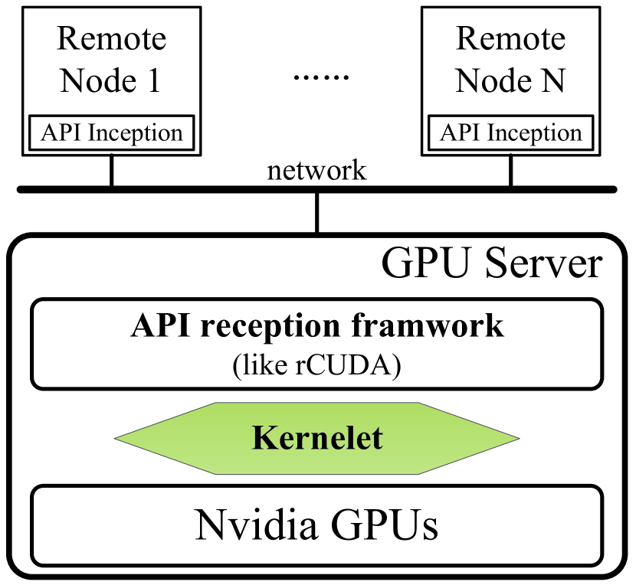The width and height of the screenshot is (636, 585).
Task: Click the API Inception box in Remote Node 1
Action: pyautogui.click(x=112, y=133)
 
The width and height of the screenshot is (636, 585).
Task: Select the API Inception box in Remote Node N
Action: pyautogui.click(x=510, y=133)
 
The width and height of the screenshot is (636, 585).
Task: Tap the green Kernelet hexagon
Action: pyautogui.click(x=316, y=438)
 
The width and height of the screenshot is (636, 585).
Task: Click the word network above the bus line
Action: pyautogui.click(x=316, y=170)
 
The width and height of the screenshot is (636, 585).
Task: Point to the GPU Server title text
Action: pyautogui.click(x=492, y=264)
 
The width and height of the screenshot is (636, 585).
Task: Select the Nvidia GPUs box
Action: pyautogui.click(x=316, y=525)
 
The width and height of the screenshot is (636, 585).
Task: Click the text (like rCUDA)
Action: pyautogui.click(x=316, y=365)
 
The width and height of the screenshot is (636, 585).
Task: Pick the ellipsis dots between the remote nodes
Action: pyautogui.click(x=321, y=77)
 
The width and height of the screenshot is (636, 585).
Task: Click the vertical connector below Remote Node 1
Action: pyautogui.click(x=112, y=171)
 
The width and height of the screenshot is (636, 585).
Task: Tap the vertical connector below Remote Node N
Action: pyautogui.click(x=510, y=171)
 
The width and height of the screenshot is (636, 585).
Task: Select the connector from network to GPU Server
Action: pyautogui.click(x=316, y=212)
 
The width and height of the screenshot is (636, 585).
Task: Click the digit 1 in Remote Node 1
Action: pyautogui.click(x=154, y=80)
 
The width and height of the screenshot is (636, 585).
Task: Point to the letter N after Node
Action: pyautogui.click(x=551, y=80)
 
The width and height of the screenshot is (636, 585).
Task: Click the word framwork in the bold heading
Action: pyautogui.click(x=428, y=325)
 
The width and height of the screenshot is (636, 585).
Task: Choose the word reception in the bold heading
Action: pyautogui.click(x=270, y=327)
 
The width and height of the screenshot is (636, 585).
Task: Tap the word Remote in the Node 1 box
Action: pyautogui.click(x=112, y=38)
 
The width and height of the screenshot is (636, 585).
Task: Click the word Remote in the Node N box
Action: pyautogui.click(x=510, y=38)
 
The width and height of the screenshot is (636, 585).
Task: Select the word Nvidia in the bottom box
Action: pyautogui.click(x=257, y=525)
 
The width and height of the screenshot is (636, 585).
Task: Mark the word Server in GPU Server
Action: pyautogui.click(x=544, y=264)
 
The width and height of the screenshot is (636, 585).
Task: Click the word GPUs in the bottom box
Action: pyautogui.click(x=385, y=525)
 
